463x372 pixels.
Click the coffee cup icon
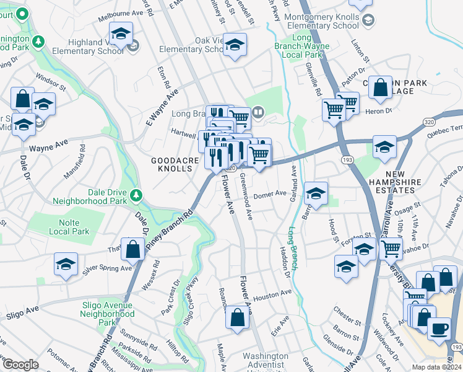point(439,328)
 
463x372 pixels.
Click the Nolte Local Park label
point(69,227)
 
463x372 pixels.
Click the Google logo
point(20,365)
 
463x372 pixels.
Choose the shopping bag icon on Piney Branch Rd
point(132,249)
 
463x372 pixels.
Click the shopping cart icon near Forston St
point(391,248)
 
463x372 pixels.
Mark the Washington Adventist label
point(266,361)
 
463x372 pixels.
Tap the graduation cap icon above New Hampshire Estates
point(384,147)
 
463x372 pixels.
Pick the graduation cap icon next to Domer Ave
point(316,193)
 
